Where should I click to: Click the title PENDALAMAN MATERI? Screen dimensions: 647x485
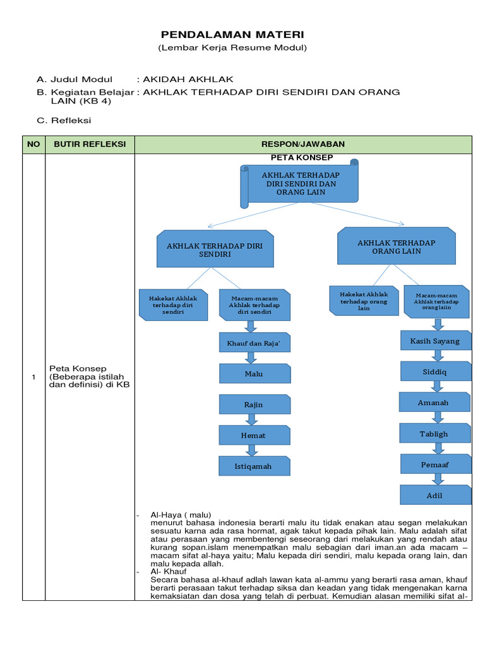232,34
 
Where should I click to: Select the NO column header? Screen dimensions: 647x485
33,144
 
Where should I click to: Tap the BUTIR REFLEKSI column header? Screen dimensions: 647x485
90,144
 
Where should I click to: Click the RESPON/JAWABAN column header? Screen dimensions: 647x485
303,144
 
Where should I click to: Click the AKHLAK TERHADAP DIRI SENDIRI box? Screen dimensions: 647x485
215,249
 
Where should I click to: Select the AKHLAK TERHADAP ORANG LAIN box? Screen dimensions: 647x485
396,246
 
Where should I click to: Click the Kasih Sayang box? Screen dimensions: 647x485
435,341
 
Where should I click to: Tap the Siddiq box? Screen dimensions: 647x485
434,372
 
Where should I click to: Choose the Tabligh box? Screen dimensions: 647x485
434,433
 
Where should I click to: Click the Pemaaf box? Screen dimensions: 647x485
434,464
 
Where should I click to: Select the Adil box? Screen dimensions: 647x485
434,495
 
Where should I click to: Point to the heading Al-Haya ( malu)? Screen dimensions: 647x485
181,514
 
